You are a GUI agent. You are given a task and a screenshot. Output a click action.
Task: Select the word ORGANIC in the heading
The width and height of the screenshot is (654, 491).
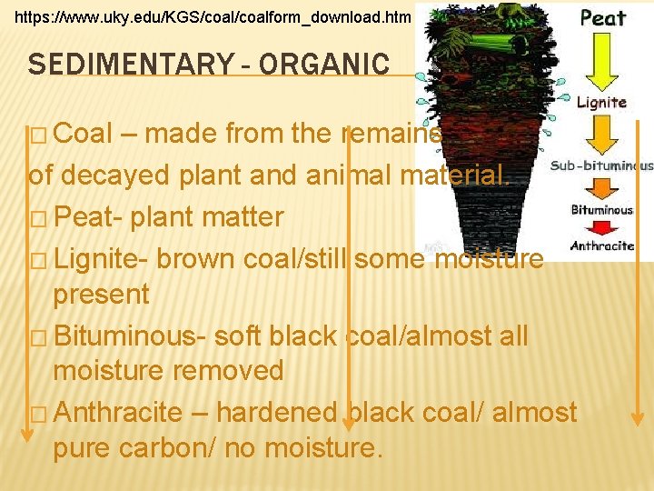323,65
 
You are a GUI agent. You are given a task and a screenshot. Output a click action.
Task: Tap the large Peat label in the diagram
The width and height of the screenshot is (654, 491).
603,18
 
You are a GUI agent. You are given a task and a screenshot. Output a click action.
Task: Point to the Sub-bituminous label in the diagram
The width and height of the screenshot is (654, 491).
601,165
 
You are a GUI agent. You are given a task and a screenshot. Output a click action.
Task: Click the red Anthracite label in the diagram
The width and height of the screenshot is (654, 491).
602,245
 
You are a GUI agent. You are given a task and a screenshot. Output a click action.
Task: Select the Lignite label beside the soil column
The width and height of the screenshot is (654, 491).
601,102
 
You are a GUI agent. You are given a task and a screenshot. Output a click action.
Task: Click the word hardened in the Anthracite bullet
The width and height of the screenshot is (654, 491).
276,412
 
